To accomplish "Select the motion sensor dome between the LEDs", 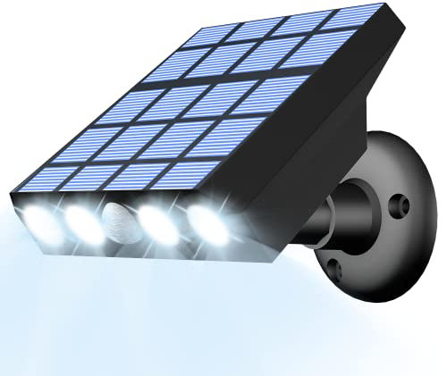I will pos(120,218).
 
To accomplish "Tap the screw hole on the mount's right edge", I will pos(403,206).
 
